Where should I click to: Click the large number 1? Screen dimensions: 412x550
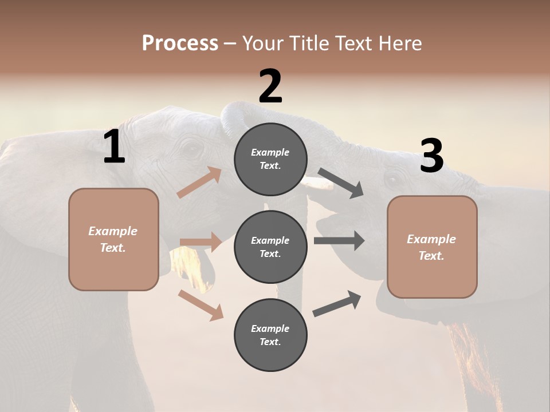click(x=114, y=147)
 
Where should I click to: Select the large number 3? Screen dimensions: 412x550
click(x=432, y=156)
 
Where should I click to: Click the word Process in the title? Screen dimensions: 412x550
click(x=180, y=43)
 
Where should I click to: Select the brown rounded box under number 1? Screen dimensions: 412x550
click(x=113, y=239)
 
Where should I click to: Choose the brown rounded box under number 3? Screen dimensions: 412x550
click(x=432, y=247)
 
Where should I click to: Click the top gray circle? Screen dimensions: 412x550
click(x=270, y=159)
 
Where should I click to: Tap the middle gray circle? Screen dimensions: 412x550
click(x=270, y=247)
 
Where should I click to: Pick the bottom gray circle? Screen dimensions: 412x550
click(x=270, y=335)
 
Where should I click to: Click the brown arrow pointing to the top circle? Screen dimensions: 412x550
click(x=199, y=183)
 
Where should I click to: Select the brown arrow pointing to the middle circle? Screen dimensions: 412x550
click(x=201, y=242)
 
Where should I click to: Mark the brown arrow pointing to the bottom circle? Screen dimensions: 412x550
click(x=201, y=304)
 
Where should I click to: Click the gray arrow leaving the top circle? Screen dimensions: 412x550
click(x=341, y=183)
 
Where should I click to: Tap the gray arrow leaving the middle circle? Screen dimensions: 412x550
click(x=339, y=240)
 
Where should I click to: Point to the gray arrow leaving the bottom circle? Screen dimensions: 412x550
click(x=337, y=304)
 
